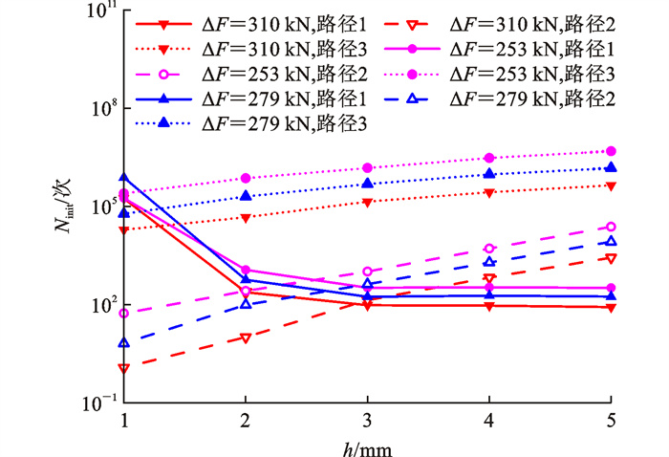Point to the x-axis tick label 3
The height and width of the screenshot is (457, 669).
368,421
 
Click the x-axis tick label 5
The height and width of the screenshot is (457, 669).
611,421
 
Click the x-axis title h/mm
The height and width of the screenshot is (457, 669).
368,446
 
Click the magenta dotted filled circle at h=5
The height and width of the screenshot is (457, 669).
611,151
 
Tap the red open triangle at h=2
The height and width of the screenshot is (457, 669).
246,338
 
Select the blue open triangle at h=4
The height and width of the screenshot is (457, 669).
489,262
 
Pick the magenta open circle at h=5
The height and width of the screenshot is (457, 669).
611,227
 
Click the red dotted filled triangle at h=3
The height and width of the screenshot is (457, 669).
368,202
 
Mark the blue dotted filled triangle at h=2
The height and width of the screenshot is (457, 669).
246,196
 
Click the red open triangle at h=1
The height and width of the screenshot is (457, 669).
124,368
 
